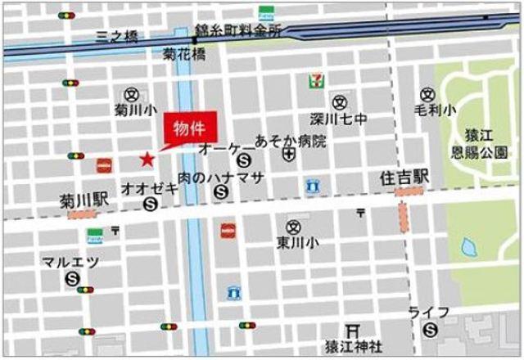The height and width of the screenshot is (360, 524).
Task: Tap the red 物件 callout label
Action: [x=187, y=128]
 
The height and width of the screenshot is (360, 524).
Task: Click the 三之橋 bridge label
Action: [x=116, y=35]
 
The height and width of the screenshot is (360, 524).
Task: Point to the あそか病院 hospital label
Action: [x=290, y=140]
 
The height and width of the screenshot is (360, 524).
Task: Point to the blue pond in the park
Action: [x=469, y=246]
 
